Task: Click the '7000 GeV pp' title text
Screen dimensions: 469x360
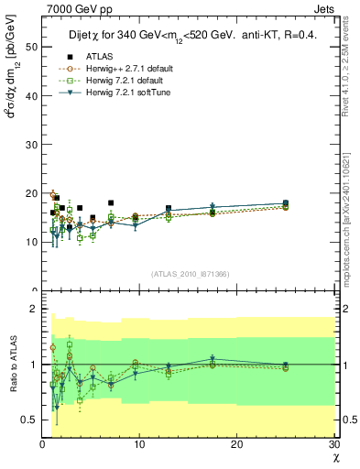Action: coord(76,10)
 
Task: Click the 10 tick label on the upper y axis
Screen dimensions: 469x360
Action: coord(32,242)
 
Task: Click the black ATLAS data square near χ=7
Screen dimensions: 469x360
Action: coord(111,202)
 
